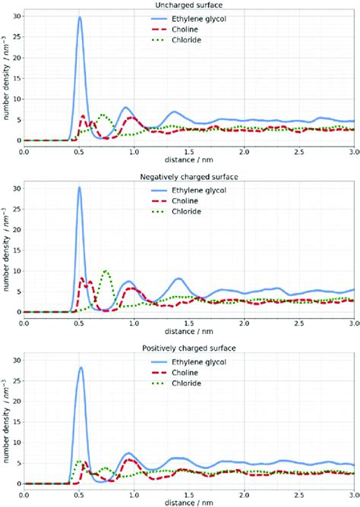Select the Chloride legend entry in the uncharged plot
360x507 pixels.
(x=232, y=39)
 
